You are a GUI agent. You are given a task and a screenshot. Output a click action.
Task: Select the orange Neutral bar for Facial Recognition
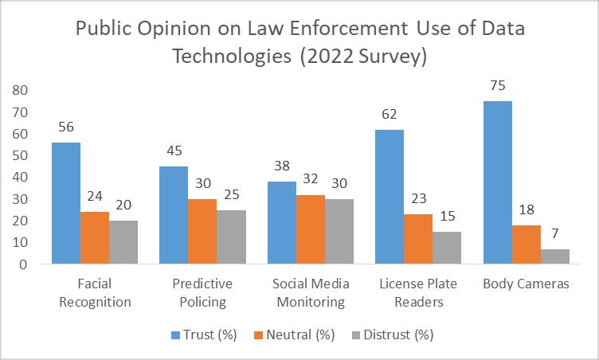(x=95, y=237)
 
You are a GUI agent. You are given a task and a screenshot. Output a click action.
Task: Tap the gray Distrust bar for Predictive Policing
(x=231, y=237)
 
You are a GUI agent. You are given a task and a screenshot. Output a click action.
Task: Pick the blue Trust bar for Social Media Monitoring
(x=282, y=222)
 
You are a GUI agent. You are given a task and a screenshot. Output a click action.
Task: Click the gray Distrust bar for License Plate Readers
(x=447, y=248)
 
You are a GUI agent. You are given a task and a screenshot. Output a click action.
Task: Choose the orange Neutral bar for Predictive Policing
(x=202, y=231)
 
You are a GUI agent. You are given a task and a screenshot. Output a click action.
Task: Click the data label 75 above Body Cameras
(x=498, y=86)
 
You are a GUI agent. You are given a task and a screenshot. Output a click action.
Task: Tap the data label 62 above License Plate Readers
(x=390, y=114)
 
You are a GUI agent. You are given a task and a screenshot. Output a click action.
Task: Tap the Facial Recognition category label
(x=95, y=292)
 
